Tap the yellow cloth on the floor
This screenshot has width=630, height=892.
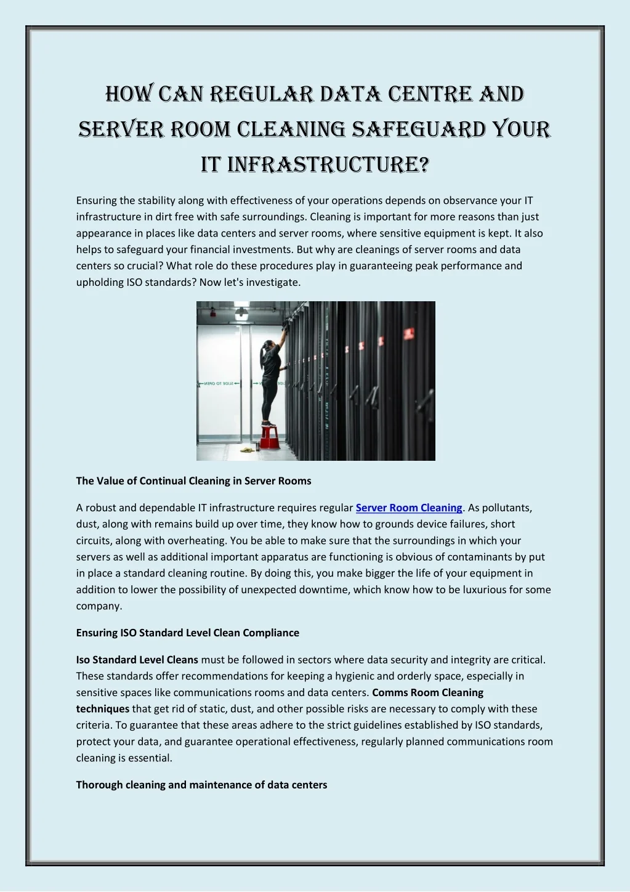tap(248, 450)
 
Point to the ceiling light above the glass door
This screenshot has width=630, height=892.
tap(241, 312)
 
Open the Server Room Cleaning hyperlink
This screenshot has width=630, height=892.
tap(409, 508)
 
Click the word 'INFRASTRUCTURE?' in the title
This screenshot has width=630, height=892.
tap(328, 165)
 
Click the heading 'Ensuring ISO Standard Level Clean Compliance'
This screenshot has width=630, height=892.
tap(187, 633)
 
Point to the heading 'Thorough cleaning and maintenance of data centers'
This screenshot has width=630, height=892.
tap(201, 785)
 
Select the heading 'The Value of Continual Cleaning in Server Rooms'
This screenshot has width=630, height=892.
tap(193, 481)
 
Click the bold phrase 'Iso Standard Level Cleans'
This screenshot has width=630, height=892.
tap(137, 660)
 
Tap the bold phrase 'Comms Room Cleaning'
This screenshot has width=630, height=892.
tap(427, 692)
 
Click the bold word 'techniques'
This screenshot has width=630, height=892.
tap(102, 709)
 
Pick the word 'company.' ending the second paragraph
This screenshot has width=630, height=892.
tap(99, 606)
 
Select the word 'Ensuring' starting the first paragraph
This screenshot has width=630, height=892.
tap(96, 200)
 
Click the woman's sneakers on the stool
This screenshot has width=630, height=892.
tap(267, 423)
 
